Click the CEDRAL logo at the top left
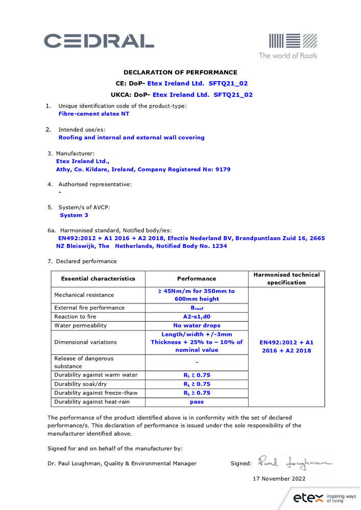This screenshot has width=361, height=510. tap(99, 41)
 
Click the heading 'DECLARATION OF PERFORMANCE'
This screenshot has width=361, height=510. tap(180, 72)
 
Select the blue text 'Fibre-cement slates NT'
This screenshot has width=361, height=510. tap(94, 114)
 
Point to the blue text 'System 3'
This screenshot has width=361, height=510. tap(74, 215)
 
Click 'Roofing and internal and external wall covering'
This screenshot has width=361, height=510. tap(131, 137)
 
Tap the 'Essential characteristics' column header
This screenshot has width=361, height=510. tap(98, 278)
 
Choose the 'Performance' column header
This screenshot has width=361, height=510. tap(197, 278)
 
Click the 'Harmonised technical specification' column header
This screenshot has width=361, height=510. tap(286, 278)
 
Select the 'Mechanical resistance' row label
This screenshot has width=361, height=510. tap(84, 295)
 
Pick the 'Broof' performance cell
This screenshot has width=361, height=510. tap(197, 308)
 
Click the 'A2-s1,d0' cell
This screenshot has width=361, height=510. tap(197, 316)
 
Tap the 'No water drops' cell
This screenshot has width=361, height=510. tap(197, 325)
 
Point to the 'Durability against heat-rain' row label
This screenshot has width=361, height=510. tap(92, 402)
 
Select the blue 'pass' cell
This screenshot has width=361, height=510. tap(197, 402)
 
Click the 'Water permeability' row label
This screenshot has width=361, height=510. tap(81, 325)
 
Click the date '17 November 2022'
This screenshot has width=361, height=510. tap(279, 478)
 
